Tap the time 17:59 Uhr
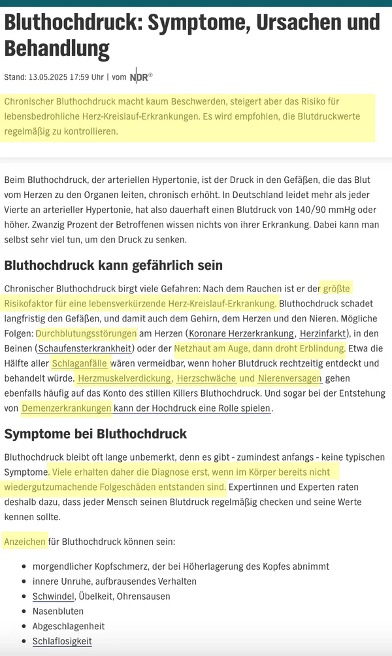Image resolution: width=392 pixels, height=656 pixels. (x=88, y=77)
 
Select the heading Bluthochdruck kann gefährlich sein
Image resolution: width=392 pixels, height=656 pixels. (x=114, y=265)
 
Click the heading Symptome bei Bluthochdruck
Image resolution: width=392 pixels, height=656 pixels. (x=95, y=434)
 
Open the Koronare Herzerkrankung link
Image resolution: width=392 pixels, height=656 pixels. (x=241, y=333)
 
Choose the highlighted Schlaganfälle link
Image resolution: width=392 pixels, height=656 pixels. (x=80, y=363)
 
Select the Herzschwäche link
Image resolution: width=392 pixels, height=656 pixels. (x=206, y=378)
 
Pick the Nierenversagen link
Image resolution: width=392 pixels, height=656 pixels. (x=289, y=378)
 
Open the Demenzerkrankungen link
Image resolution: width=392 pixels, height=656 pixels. (x=67, y=408)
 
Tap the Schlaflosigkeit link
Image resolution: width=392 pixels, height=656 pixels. (x=62, y=641)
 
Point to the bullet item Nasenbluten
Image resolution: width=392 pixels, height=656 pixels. (x=58, y=611)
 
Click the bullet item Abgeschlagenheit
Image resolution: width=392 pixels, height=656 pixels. (x=69, y=626)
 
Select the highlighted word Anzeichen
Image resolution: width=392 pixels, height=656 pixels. (x=25, y=542)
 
